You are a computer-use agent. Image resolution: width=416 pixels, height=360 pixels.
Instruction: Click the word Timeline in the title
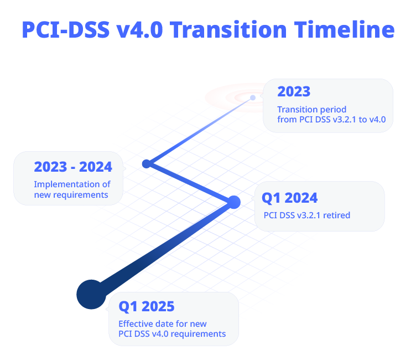344,29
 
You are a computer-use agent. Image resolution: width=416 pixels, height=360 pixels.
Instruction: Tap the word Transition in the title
228,29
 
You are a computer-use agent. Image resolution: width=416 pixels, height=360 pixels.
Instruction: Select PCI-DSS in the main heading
66,29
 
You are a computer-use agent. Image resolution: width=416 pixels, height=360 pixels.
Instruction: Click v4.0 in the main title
139,29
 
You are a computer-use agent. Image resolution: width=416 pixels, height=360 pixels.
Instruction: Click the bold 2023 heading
294,91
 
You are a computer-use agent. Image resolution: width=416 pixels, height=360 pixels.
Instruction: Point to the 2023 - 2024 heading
73,167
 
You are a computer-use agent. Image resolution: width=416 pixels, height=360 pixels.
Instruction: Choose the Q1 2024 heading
289,198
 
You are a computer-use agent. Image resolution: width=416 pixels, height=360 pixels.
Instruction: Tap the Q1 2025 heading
147,307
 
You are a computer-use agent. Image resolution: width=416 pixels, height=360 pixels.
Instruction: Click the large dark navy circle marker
91,294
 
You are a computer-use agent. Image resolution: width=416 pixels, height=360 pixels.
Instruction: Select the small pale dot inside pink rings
253,97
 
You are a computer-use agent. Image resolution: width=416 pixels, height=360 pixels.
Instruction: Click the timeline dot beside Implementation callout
147,164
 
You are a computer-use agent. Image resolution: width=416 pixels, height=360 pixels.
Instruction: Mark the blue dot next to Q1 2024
234,202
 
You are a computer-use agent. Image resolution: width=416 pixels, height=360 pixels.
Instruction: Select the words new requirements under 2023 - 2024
71,195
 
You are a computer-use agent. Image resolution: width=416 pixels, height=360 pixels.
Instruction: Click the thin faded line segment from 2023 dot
200,131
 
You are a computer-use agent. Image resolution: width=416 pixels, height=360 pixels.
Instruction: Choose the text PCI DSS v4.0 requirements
172,334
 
